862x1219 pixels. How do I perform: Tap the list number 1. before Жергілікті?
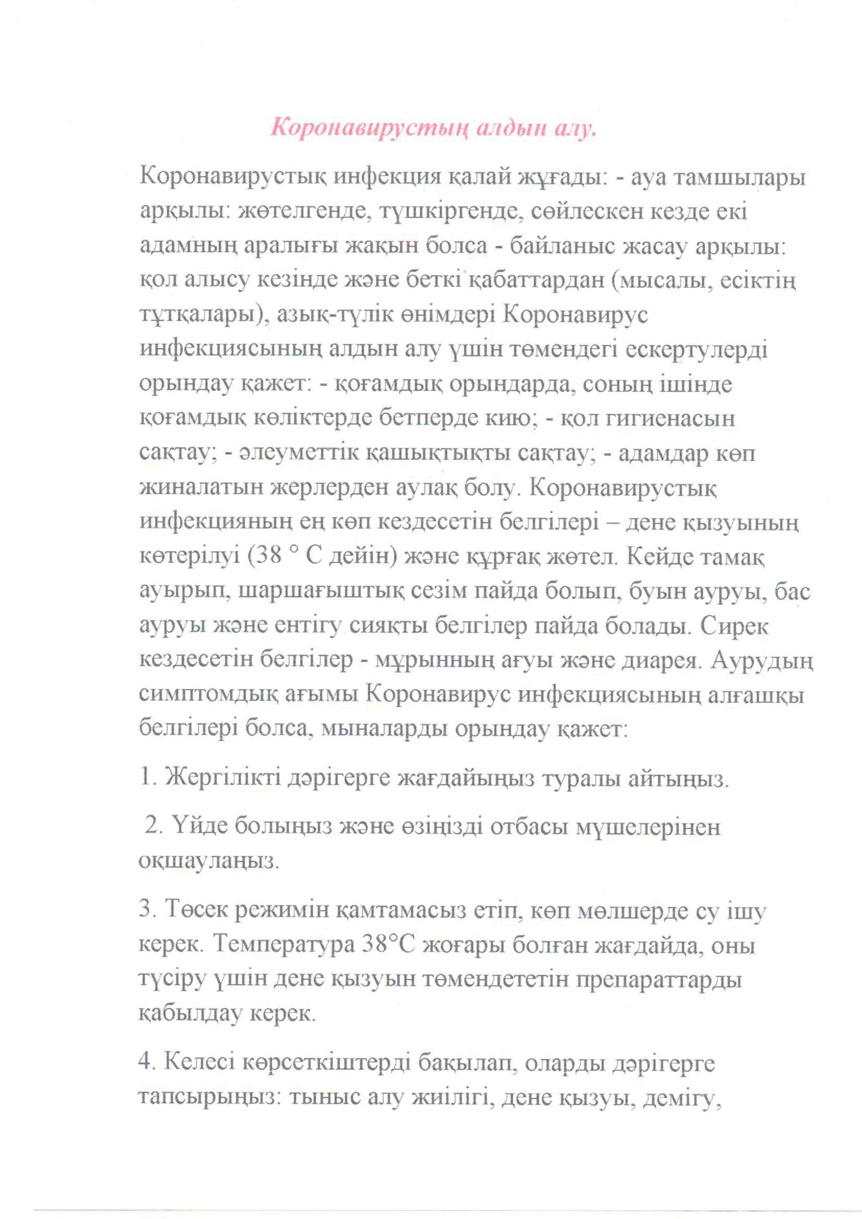click(x=147, y=780)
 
